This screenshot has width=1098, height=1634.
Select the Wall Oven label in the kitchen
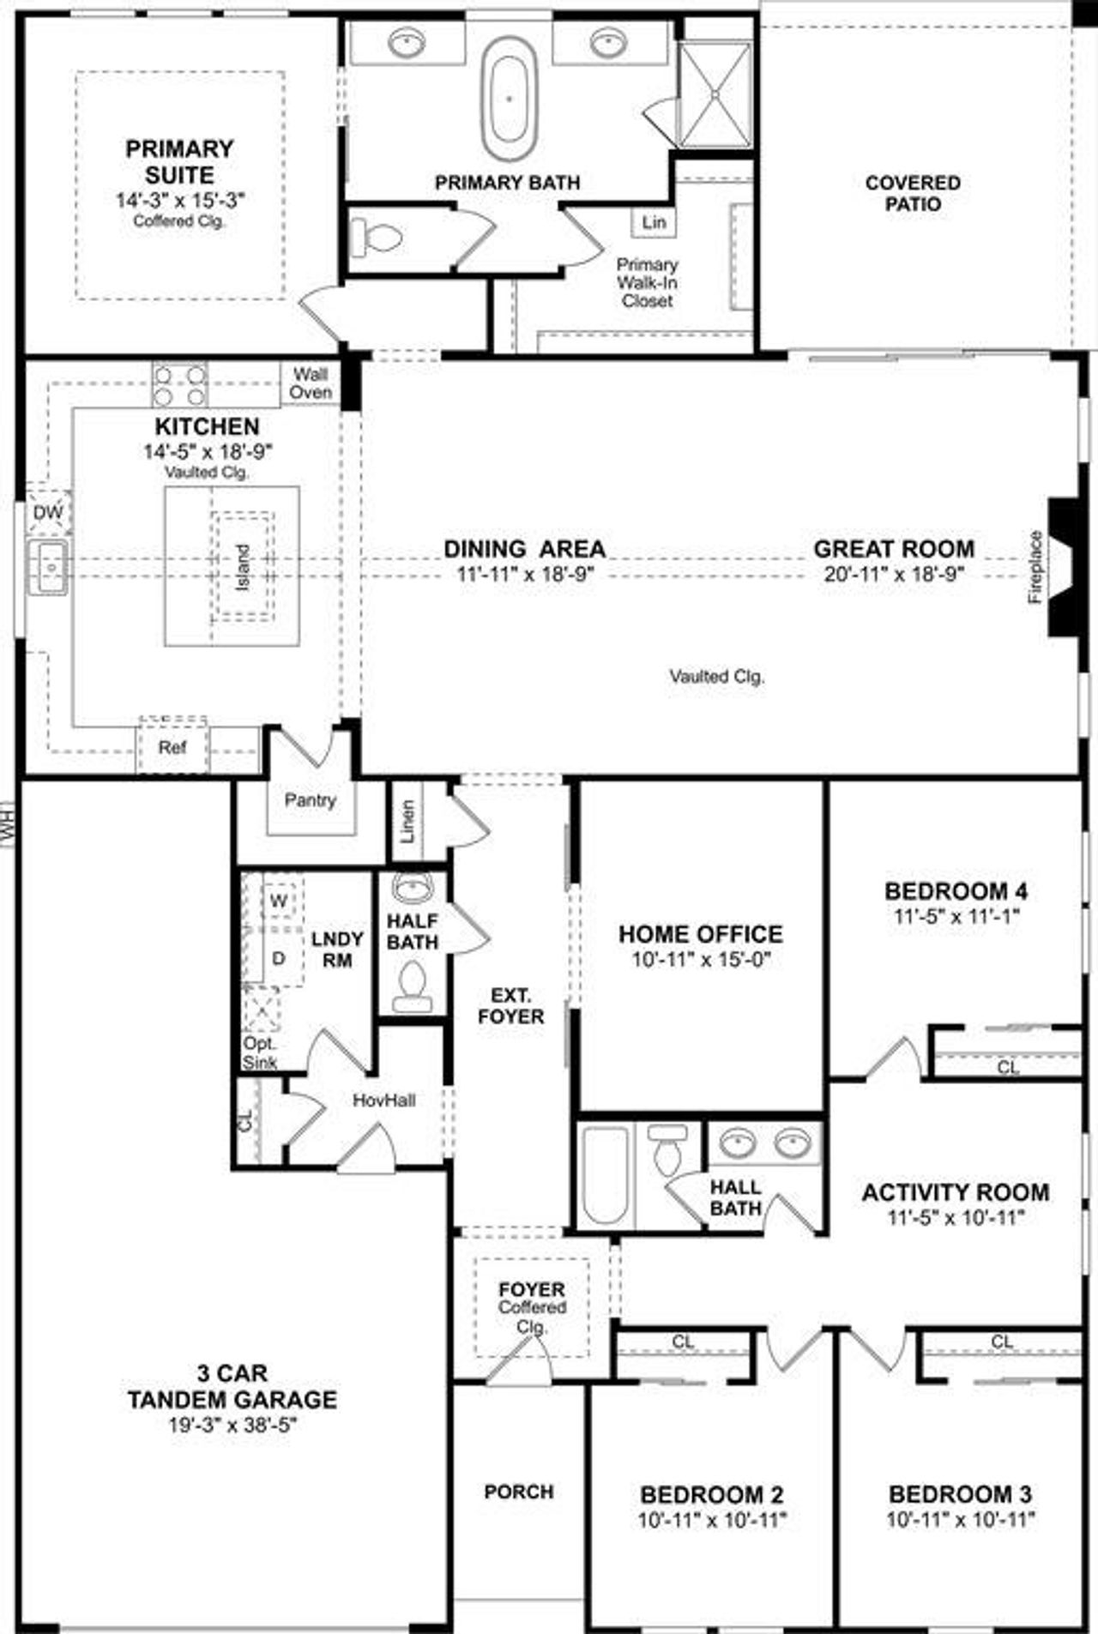(x=311, y=383)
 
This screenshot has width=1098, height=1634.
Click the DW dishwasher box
(x=48, y=513)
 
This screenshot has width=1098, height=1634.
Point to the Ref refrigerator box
(x=172, y=747)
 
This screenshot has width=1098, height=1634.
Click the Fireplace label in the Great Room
(x=1035, y=567)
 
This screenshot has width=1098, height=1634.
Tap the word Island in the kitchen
(x=243, y=567)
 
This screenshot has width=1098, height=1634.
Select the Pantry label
(x=310, y=800)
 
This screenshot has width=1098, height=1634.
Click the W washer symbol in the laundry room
(x=278, y=901)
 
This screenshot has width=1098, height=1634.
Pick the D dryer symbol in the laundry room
(x=278, y=958)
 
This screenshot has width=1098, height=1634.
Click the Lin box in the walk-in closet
(x=654, y=222)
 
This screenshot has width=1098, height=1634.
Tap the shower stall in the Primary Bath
(x=715, y=94)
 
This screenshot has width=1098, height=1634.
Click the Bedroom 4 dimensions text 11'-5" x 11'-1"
(x=956, y=915)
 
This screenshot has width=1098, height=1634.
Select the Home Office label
(x=700, y=933)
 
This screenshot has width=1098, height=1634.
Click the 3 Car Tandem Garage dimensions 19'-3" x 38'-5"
(x=232, y=1425)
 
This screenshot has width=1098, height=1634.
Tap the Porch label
(x=518, y=1492)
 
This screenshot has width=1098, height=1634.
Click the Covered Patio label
(x=913, y=193)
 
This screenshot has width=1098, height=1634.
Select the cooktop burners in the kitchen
(x=179, y=384)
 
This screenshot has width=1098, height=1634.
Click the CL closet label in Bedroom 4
(x=1007, y=1068)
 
